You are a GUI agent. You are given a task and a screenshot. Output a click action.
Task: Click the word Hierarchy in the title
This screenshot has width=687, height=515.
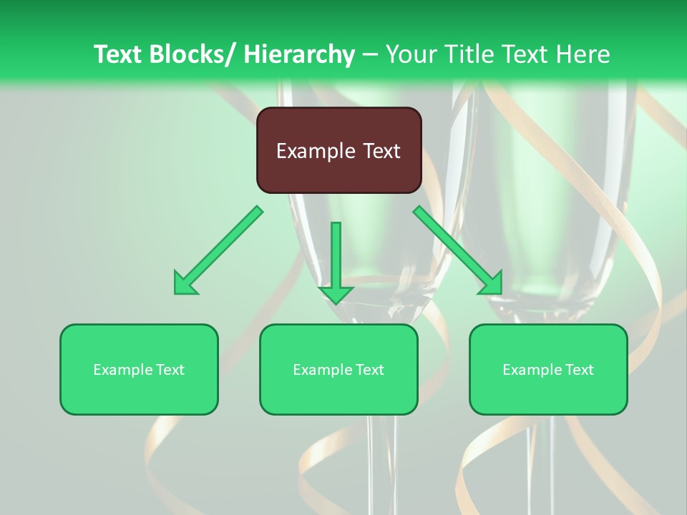coord(298,54)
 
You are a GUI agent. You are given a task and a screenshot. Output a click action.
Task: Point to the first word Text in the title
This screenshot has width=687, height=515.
coord(119,54)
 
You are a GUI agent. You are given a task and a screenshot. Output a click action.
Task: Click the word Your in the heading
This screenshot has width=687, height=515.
coord(411,54)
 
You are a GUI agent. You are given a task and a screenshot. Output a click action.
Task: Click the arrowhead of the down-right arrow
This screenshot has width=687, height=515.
coord(491,283)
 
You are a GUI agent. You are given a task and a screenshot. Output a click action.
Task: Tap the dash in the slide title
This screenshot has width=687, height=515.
coord(371,54)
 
